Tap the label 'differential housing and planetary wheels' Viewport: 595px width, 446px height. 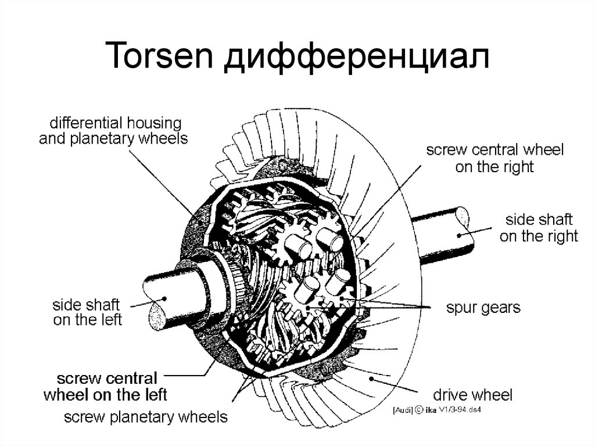click(110, 131)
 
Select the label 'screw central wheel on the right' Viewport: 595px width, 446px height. click(494, 159)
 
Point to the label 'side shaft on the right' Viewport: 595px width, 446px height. click(539, 228)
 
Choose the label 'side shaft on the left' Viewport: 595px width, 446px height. click(87, 312)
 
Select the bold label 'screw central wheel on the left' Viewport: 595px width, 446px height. click(105, 387)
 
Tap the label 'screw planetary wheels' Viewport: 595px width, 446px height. click(145, 417)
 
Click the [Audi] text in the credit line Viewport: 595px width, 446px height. click(403, 411)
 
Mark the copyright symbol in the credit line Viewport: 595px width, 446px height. click(418, 411)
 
